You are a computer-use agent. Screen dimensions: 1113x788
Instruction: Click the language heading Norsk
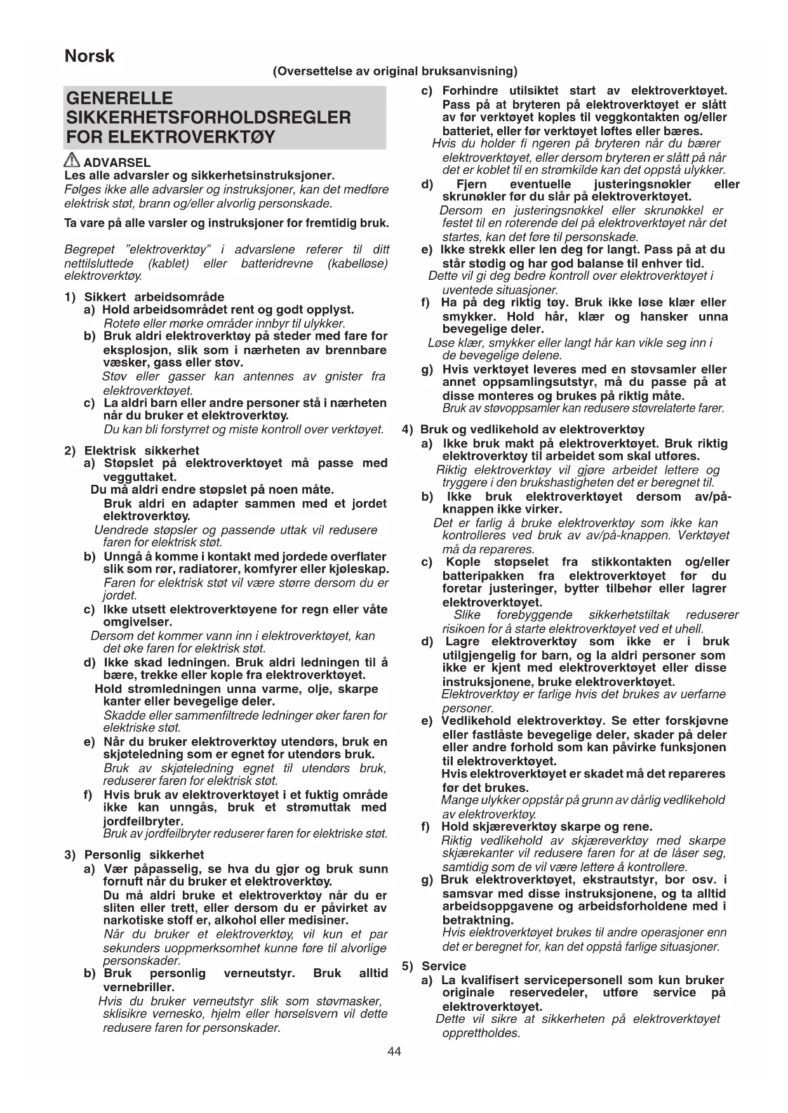[90, 56]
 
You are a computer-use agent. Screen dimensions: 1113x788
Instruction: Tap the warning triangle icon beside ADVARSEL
[72, 161]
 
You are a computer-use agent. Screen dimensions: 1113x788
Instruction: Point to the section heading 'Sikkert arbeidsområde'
[154, 296]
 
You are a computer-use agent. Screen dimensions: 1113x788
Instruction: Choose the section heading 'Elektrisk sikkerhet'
[142, 451]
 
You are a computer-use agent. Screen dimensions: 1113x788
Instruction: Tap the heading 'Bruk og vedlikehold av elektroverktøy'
[532, 429]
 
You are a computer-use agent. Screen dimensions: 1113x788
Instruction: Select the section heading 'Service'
[443, 966]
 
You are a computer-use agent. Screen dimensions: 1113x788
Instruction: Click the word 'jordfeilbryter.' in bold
[143, 821]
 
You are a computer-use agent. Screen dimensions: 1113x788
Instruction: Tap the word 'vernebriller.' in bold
[138, 987]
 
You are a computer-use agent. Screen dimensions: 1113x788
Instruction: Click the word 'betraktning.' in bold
[477, 919]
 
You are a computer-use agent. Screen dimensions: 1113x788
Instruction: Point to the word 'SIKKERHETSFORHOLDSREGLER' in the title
[208, 117]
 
